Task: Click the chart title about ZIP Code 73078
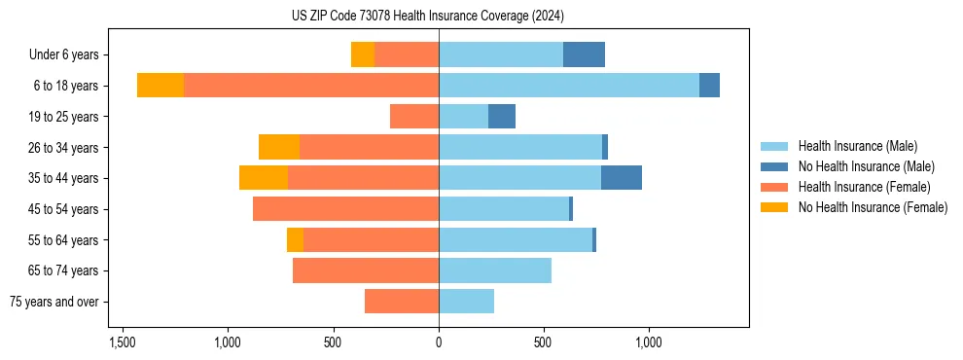(428, 16)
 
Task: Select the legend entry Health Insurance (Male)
(857, 146)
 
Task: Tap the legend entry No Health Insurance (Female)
(873, 207)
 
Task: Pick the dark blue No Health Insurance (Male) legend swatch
(775, 166)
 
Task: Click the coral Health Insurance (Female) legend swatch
(775, 187)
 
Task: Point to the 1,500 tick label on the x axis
(122, 342)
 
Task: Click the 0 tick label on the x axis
(439, 342)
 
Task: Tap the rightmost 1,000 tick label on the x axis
(649, 342)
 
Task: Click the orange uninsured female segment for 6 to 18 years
(160, 86)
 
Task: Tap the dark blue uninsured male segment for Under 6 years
(584, 54)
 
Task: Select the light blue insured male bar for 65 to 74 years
(495, 270)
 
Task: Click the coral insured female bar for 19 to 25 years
(414, 117)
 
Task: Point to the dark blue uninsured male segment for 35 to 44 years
(622, 178)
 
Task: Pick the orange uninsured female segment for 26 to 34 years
(279, 147)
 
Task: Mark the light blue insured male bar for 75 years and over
(466, 302)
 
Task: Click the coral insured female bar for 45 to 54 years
(345, 209)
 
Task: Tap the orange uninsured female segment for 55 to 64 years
(295, 239)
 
